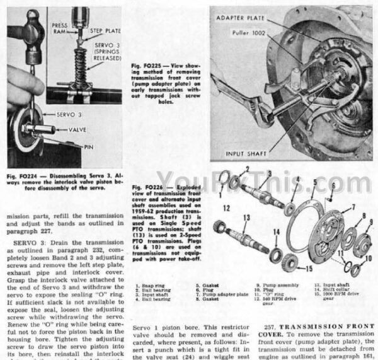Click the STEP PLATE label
104,30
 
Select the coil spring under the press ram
80,63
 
